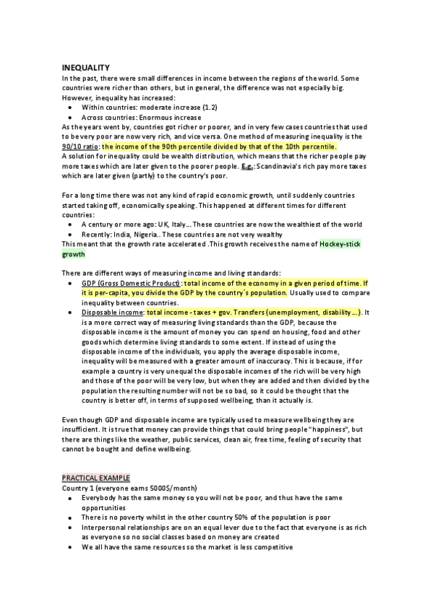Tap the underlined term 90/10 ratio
[81, 146]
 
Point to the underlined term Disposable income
[112, 312]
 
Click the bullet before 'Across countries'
[69, 117]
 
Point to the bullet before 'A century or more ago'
[69, 224]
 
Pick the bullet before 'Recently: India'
[69, 235]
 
